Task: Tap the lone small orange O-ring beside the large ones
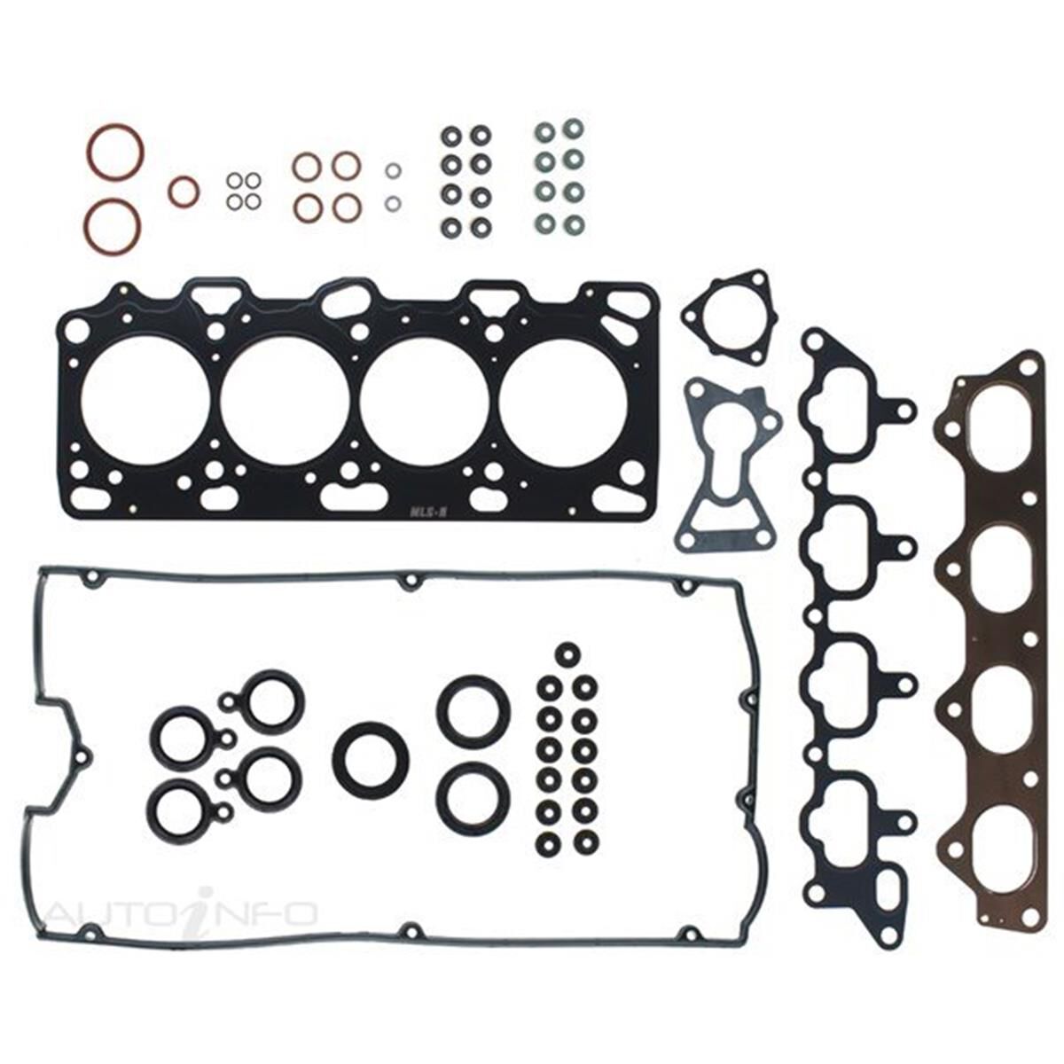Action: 184,191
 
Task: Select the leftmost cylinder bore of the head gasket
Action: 145,402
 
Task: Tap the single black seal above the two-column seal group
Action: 565,655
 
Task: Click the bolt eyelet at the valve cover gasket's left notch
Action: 83,756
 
